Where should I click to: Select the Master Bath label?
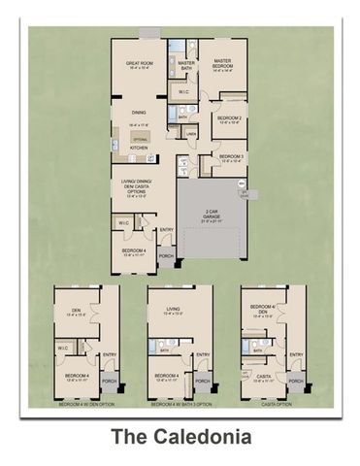pos(187,66)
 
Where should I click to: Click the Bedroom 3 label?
pos(230,157)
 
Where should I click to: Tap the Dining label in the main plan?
pos(141,122)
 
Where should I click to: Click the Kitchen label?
pos(140,148)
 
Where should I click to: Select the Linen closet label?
pos(191,133)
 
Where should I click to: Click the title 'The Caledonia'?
pos(180,438)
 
